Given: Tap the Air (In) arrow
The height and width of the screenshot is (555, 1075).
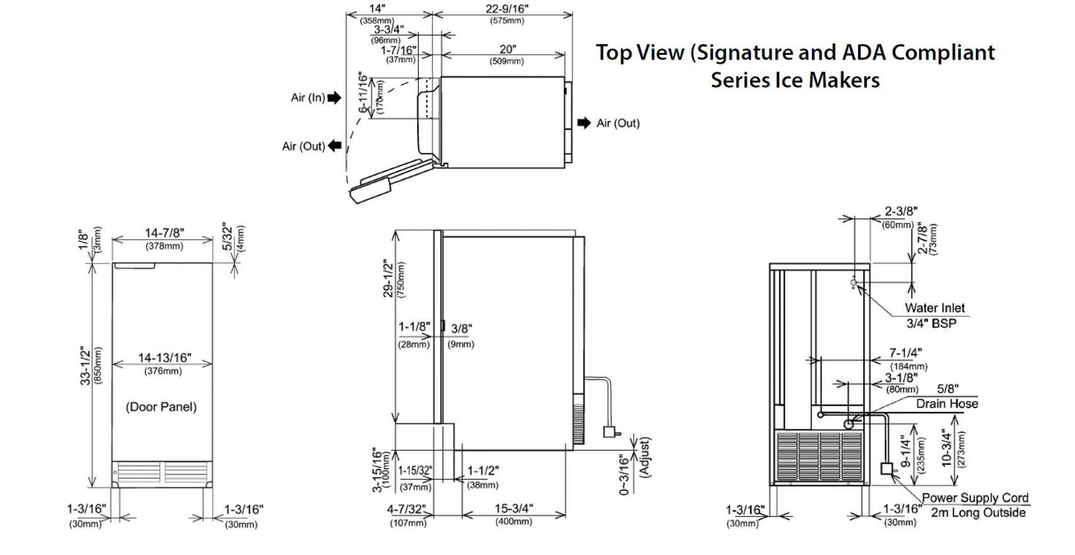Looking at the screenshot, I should click(x=333, y=98).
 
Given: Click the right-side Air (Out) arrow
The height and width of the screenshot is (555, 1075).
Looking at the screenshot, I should click(x=584, y=123).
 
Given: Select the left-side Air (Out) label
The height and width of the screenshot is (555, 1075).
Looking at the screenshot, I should click(x=303, y=146).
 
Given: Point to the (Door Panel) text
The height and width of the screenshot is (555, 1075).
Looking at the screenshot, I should click(x=160, y=407).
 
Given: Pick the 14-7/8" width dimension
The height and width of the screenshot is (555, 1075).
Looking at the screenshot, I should click(x=164, y=233).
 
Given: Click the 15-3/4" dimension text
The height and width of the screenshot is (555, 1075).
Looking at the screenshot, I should click(x=514, y=509).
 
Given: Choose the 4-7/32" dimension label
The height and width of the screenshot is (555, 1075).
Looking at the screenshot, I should click(x=406, y=509).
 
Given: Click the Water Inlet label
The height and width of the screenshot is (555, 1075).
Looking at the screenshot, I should click(x=934, y=308).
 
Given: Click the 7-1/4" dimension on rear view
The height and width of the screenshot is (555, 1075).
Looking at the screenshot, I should click(x=902, y=353).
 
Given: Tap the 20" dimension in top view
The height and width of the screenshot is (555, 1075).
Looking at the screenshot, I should click(x=507, y=50).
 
